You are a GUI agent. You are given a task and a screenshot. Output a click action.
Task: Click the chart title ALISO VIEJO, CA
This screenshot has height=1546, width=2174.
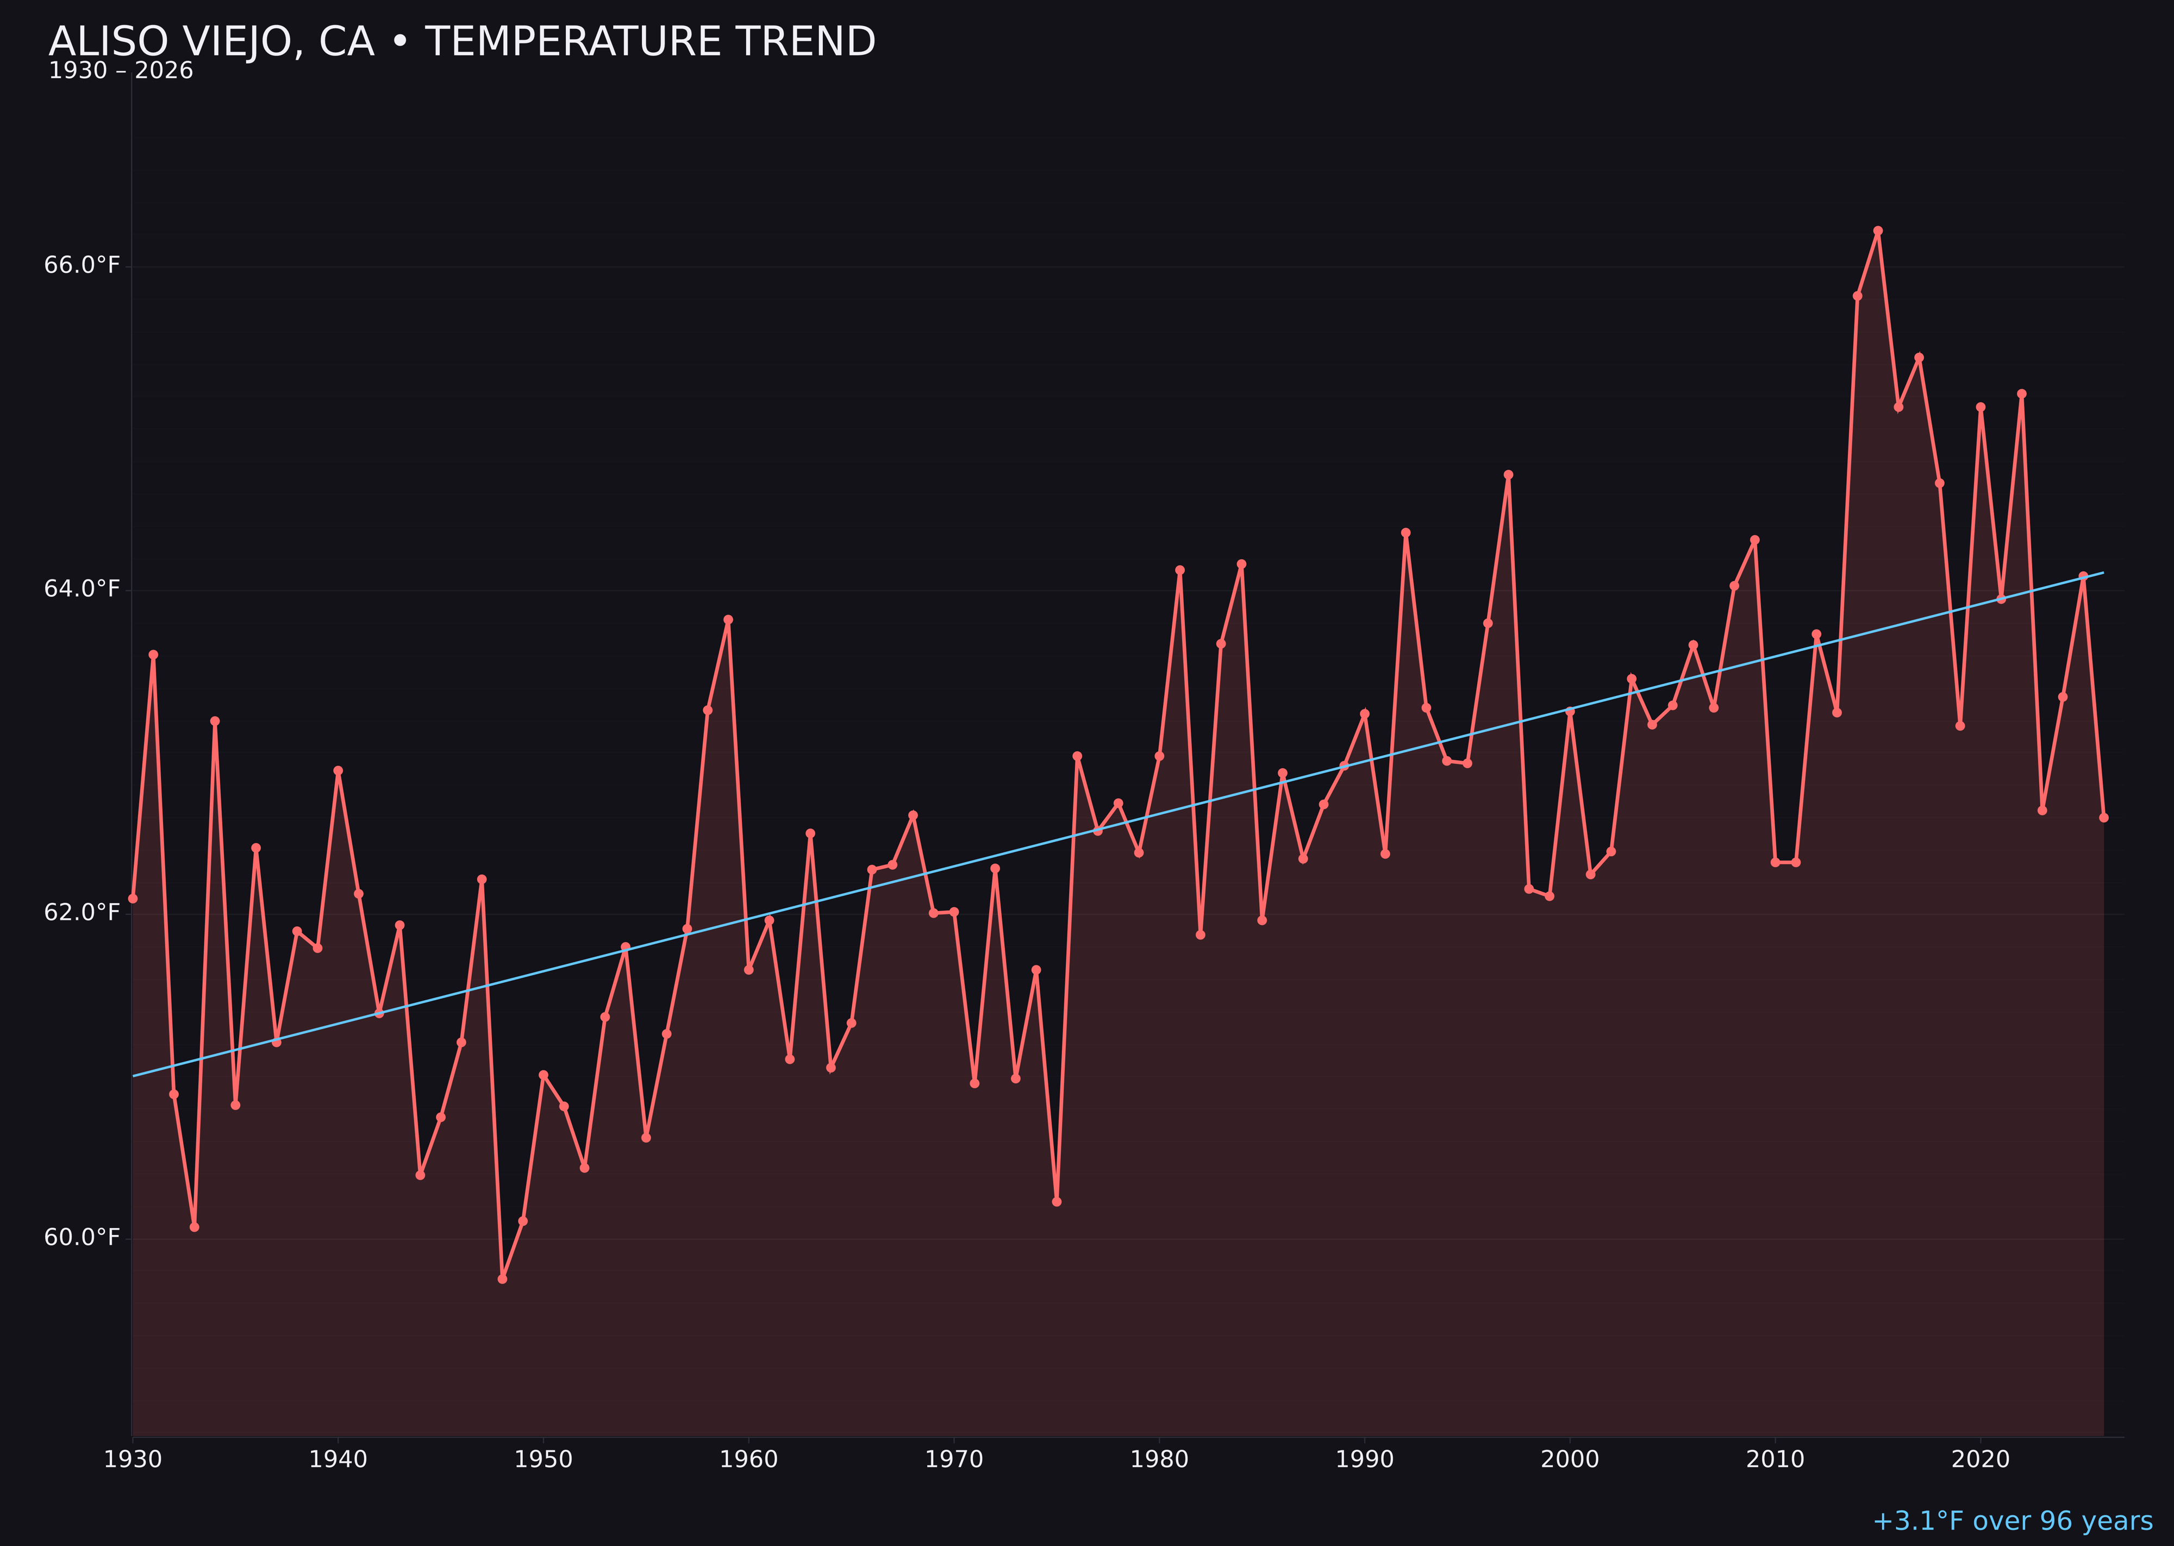coord(461,42)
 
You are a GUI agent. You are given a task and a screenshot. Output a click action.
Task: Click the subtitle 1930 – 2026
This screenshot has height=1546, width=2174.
coord(121,71)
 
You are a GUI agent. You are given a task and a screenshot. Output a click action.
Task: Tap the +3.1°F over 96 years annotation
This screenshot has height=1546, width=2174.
coord(2011,1520)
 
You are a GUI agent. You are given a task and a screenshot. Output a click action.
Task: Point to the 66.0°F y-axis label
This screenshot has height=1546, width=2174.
coord(82,265)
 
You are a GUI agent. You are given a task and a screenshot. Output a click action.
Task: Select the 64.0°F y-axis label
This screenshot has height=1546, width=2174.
coord(82,589)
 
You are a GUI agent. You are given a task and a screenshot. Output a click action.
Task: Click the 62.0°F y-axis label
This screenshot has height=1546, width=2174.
coord(82,913)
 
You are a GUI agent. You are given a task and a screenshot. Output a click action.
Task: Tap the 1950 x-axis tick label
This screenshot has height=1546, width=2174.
coord(543,1460)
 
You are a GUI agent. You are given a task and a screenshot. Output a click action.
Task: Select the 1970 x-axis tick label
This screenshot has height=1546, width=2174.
coord(954,1460)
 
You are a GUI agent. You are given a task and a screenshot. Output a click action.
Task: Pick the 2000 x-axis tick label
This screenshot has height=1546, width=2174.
coord(1570,1460)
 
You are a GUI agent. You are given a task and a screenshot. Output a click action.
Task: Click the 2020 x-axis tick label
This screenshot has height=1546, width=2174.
coord(1981,1460)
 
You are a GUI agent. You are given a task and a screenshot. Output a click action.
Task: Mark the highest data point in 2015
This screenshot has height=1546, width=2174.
coord(1878,230)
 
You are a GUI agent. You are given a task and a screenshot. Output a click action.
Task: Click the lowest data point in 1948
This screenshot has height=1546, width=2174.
coord(503,1279)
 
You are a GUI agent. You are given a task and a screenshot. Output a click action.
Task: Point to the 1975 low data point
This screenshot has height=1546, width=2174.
coord(1057,1201)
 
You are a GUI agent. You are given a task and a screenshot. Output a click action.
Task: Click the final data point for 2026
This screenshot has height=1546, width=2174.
coord(2103,817)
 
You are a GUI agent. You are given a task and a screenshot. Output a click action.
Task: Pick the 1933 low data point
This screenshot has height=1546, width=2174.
coord(194,1227)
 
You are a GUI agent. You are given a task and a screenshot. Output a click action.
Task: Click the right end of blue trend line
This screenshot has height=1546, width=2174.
coord(2103,573)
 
